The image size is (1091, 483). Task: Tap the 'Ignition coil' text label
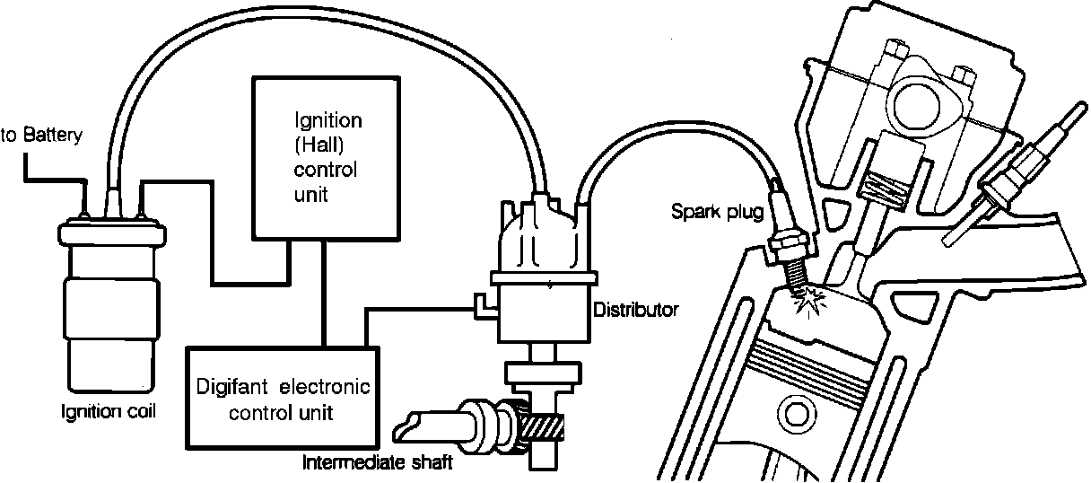click(100, 412)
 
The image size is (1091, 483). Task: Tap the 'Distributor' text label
click(636, 311)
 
